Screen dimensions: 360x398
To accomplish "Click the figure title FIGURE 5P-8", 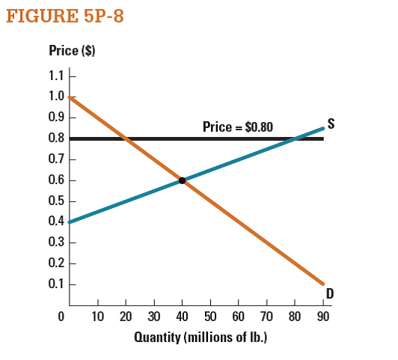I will coord(64,16).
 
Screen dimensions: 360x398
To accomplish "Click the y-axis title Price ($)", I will coord(72,52).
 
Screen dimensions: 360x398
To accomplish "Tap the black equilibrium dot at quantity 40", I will coord(182,180).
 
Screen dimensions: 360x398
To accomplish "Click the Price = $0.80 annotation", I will coord(238,127).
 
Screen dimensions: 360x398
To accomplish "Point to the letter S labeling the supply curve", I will coord(330,125).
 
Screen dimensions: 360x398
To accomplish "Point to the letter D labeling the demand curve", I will coord(329,293).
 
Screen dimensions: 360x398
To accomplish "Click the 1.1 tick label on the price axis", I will coord(55,76).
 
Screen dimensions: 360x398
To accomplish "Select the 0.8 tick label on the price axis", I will coord(55,138).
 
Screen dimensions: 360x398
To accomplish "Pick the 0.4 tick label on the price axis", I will coord(55,222).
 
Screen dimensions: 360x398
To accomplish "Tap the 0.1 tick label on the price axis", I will coord(55,284).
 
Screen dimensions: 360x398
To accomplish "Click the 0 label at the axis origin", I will coord(62,316).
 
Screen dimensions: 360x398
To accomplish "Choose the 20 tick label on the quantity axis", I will coord(126,316).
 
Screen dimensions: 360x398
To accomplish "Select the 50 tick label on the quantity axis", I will coord(210,316).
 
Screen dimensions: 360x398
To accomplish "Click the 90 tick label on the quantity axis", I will coord(322,316).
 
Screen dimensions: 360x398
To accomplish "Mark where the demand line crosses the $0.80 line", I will coord(126,138).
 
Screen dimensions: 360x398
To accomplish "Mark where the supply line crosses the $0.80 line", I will coord(295,138).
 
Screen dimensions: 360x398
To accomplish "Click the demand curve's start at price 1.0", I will coord(70,97).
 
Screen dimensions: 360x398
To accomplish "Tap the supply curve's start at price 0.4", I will coord(70,222).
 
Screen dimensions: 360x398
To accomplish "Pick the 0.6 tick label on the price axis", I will coord(55,180).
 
